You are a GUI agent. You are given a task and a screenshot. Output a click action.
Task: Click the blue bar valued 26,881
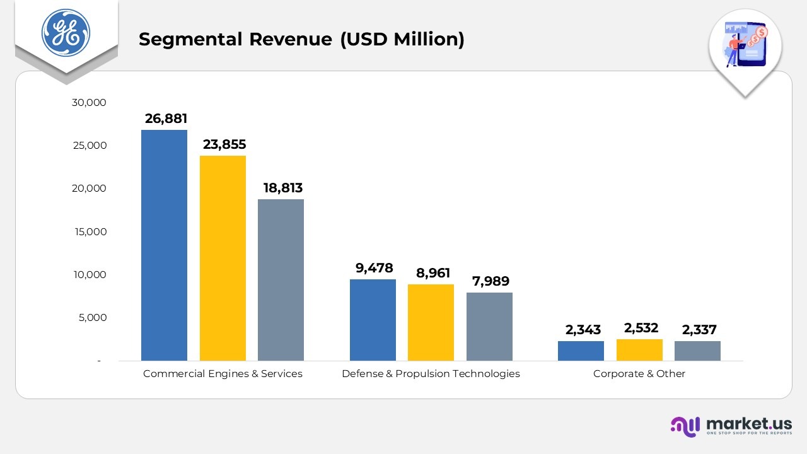(164, 245)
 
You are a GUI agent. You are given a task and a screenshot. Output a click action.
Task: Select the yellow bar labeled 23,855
(223, 258)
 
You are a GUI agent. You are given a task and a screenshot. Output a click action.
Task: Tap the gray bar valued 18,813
(281, 280)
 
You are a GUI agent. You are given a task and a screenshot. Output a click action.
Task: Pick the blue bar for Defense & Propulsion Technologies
(373, 320)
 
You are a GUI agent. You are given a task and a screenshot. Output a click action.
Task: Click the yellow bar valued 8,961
(431, 322)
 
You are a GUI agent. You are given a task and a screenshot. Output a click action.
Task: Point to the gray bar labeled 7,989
(489, 326)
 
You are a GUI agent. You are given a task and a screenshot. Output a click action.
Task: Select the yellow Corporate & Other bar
(639, 350)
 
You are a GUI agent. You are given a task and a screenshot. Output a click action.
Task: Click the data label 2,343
(583, 330)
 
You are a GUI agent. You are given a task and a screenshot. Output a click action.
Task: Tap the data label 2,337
(699, 330)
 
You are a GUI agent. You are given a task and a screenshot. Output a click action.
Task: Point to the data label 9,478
(374, 268)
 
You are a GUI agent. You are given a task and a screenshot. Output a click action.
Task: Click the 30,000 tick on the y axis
(90, 102)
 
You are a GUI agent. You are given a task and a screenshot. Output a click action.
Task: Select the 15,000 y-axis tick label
(90, 231)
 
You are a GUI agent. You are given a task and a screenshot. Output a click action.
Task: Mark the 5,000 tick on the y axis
(93, 318)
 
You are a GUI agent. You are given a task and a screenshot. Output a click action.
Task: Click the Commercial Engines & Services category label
(223, 373)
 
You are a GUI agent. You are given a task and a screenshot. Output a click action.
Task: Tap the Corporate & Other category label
(639, 373)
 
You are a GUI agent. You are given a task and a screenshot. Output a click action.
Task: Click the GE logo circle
(66, 33)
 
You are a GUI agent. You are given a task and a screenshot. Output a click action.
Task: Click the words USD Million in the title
(402, 39)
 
